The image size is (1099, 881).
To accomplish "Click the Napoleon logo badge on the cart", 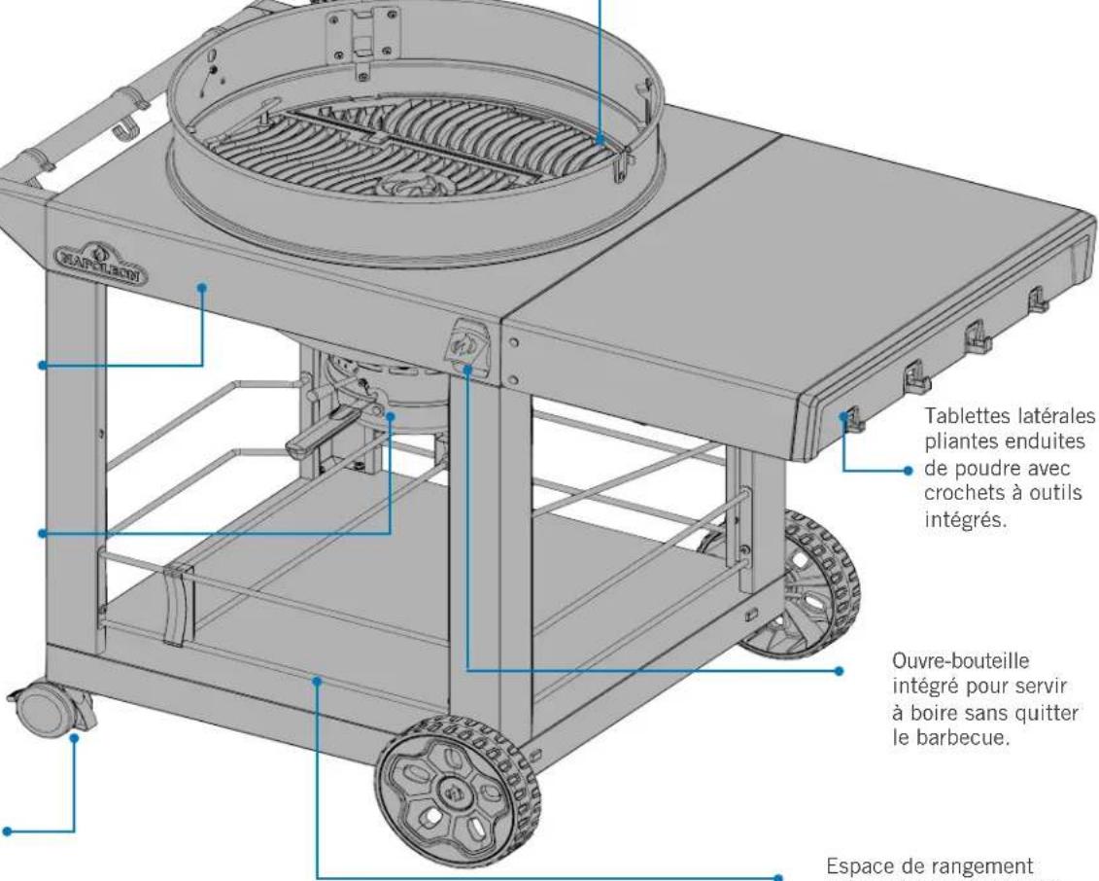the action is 101,264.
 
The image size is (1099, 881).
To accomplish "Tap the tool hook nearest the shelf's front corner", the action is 851,420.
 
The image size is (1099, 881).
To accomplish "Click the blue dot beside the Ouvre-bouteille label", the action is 840,671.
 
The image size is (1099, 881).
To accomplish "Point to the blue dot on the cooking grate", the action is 600,140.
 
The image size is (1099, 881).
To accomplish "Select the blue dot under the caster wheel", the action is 74,737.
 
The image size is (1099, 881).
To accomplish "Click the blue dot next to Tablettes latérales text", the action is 909,471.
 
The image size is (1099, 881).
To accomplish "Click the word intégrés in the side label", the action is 965,520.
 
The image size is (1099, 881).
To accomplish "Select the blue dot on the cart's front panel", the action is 202,287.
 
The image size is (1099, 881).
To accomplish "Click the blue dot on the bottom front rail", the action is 318,680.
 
